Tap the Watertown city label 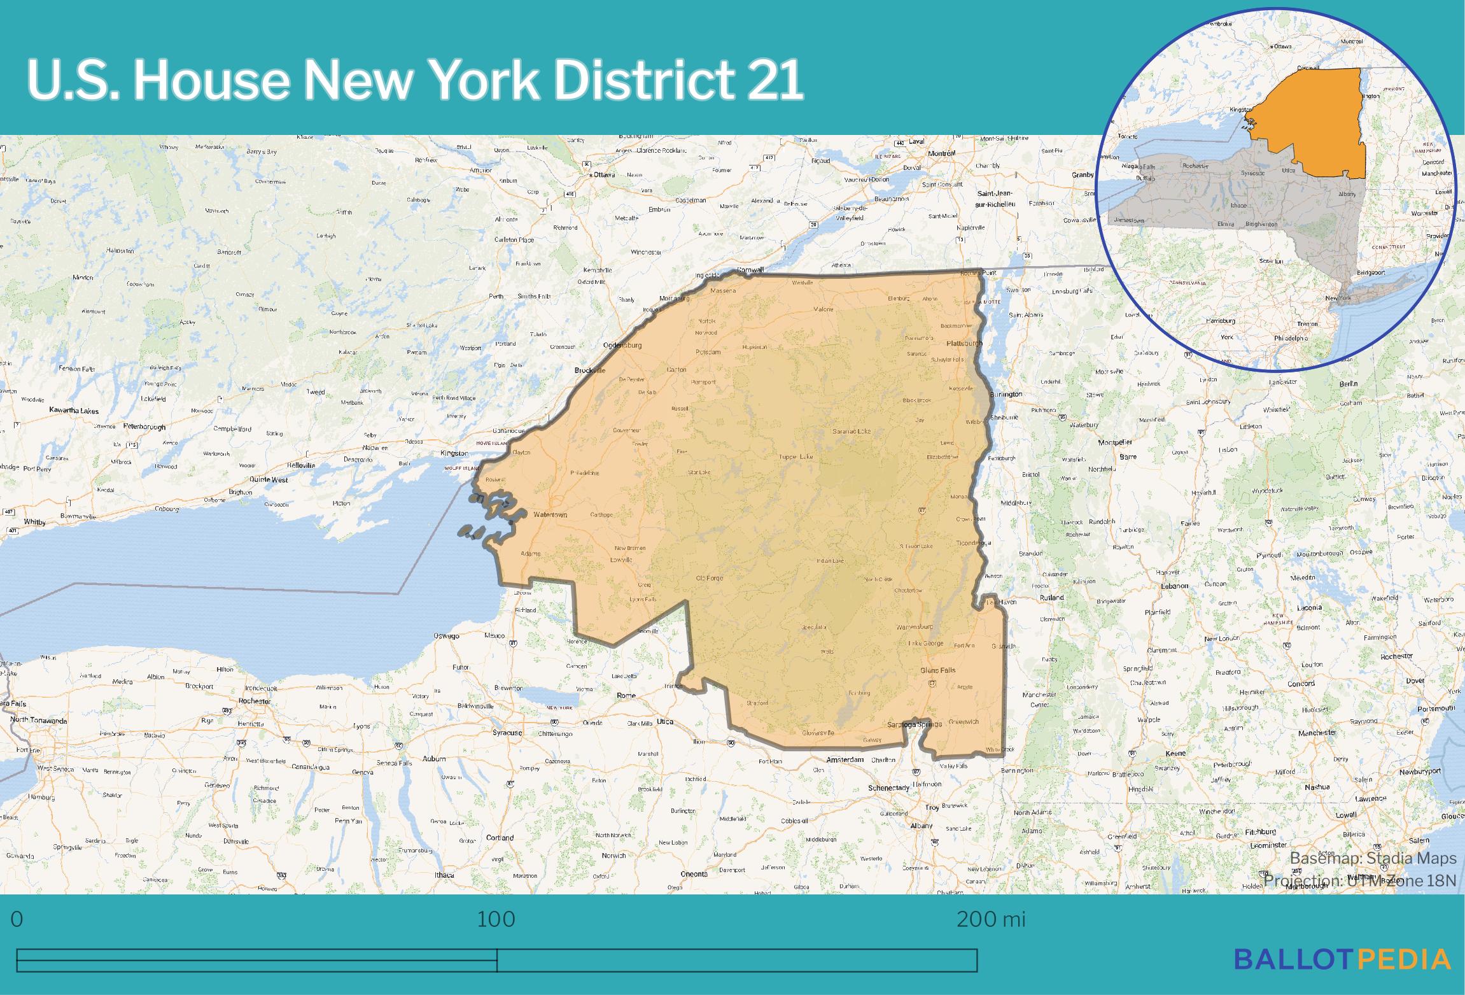(550, 514)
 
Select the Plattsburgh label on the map (964, 344)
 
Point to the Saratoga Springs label (915, 724)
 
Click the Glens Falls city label (938, 670)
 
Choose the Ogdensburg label (622, 346)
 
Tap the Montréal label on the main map (941, 153)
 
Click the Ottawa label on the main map (603, 174)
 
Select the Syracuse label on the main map (507, 733)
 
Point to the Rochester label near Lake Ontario (255, 701)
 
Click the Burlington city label (1006, 394)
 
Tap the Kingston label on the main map (454, 453)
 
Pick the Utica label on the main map (664, 722)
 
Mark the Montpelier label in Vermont (1115, 442)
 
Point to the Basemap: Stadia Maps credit (1373, 859)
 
